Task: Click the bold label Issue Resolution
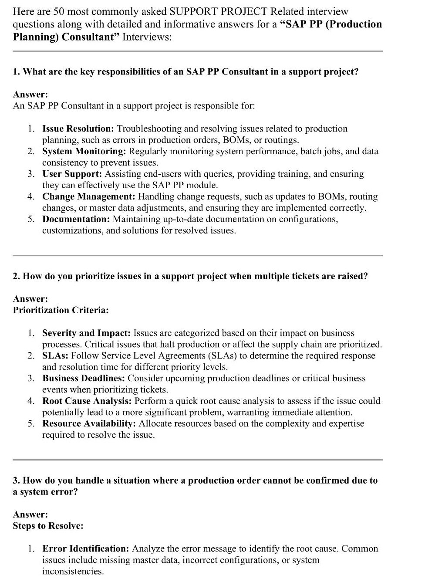[x=78, y=129]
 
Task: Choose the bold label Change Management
[x=88, y=196]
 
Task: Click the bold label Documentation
[x=76, y=219]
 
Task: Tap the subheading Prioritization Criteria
[x=61, y=310]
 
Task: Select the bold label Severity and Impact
[x=86, y=333]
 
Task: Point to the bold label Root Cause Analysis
[x=87, y=401]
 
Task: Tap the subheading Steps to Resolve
[x=48, y=526]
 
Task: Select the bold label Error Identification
[x=85, y=549]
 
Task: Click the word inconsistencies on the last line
[x=73, y=571]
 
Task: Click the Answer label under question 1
[x=30, y=95]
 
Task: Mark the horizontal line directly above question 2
[x=197, y=255]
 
